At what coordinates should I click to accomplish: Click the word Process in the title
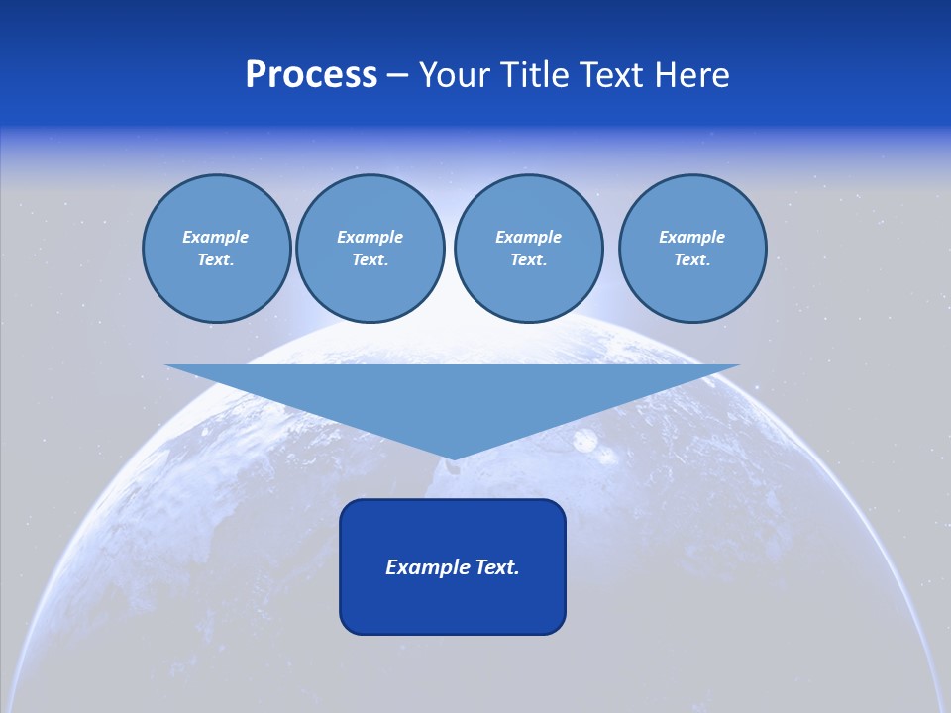(311, 75)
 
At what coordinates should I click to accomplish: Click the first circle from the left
(216, 249)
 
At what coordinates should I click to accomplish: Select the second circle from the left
(370, 249)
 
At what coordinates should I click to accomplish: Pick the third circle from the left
(528, 249)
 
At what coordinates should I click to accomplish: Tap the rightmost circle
(692, 249)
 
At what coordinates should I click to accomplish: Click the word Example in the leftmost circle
(215, 237)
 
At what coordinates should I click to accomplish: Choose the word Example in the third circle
(528, 237)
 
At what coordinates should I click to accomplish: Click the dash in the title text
(397, 75)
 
